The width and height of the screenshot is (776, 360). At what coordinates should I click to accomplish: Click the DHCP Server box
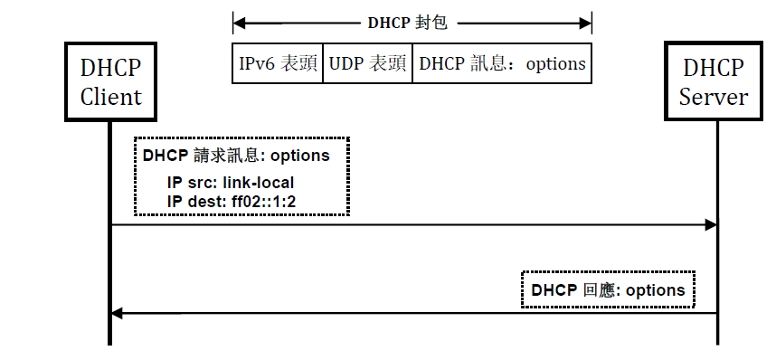click(x=714, y=81)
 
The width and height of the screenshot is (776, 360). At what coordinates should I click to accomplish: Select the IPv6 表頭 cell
click(x=277, y=64)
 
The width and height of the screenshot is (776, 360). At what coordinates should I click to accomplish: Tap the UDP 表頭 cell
click(x=366, y=64)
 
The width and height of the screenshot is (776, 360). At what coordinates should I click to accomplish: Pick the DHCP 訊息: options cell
click(x=502, y=64)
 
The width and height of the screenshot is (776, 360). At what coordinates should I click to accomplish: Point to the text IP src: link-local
click(x=231, y=183)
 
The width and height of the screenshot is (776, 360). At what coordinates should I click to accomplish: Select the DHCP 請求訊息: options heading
click(x=236, y=156)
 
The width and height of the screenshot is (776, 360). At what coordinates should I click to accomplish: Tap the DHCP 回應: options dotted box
click(x=608, y=290)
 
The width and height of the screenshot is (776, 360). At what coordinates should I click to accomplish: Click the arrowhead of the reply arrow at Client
click(x=117, y=313)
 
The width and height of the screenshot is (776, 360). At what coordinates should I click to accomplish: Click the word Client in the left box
click(x=111, y=96)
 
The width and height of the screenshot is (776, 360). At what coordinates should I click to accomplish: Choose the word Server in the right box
click(x=714, y=96)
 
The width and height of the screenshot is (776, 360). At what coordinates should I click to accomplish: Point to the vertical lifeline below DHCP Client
click(x=110, y=271)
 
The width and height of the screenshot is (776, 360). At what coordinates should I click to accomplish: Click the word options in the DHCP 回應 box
click(x=655, y=290)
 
